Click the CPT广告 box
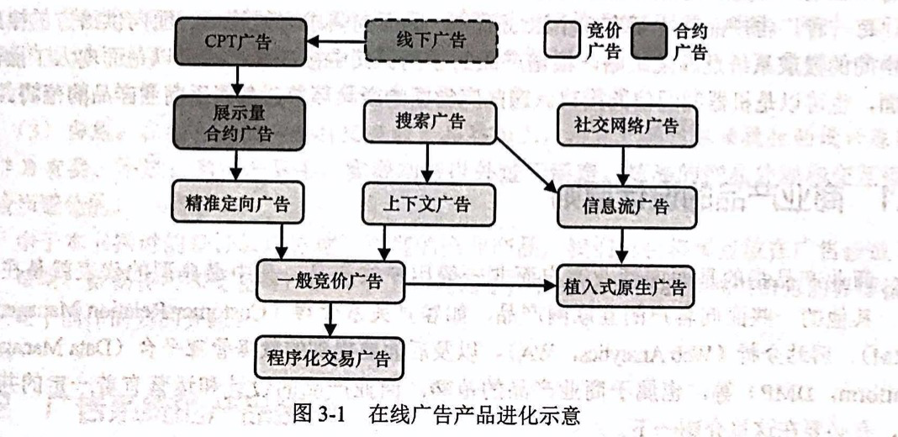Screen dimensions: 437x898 [x=238, y=40]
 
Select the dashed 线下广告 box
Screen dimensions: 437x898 [x=430, y=40]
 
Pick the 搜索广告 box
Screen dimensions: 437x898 [x=430, y=123]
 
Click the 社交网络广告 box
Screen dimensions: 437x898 [x=626, y=125]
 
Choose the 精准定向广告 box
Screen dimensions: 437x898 [x=238, y=203]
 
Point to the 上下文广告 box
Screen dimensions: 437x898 [x=430, y=204]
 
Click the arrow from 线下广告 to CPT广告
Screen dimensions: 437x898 [x=332, y=40]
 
